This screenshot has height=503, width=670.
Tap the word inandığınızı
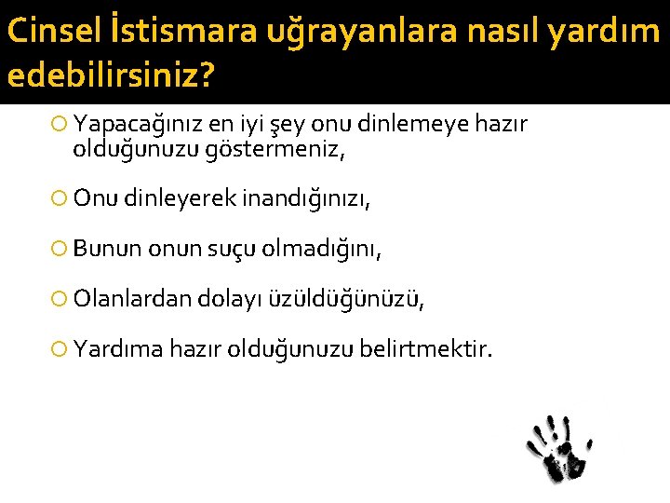coord(299,198)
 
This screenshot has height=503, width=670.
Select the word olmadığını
coord(322,249)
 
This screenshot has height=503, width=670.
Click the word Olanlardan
coord(131,299)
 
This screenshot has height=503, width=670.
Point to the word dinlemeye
coord(407,124)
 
